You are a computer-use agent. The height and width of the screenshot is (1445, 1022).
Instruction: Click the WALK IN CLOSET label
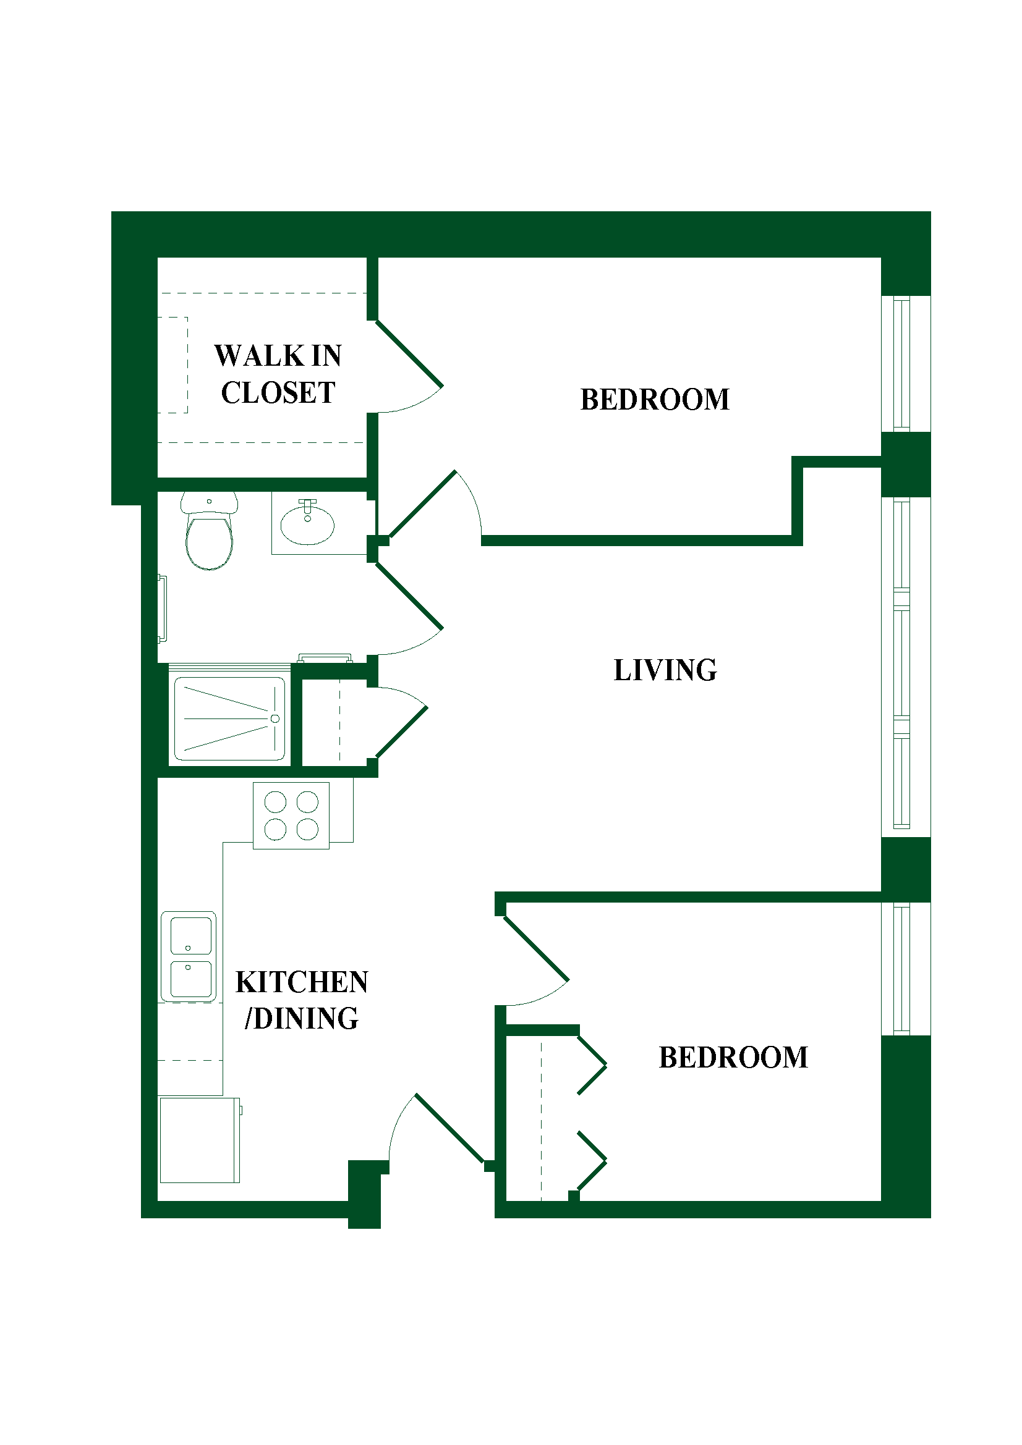coord(278,374)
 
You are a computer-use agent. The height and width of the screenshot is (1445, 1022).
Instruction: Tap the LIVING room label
coord(665,670)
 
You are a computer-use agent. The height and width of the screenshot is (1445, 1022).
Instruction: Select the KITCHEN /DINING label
coord(302,1000)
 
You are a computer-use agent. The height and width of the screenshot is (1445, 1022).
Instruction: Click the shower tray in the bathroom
coord(230,718)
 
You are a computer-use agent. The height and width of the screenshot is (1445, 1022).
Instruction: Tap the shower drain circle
coord(275,718)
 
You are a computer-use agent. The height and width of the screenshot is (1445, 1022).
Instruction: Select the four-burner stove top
coord(291,815)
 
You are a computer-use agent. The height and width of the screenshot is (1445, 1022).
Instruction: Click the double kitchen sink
coord(189,956)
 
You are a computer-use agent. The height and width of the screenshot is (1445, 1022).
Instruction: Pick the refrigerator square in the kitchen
coord(200,1140)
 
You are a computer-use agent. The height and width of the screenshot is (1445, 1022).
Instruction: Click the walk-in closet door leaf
coord(409,353)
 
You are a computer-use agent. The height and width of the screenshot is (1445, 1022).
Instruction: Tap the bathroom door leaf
coord(409,596)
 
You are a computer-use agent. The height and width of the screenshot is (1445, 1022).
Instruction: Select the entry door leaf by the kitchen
coord(449,1129)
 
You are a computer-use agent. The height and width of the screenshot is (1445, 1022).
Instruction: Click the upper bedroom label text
coord(655,399)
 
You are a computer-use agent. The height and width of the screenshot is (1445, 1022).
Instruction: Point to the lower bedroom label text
coord(734,1057)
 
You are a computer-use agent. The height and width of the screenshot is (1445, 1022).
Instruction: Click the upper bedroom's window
coord(906,364)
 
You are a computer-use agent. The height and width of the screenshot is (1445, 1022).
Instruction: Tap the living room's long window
coord(906,667)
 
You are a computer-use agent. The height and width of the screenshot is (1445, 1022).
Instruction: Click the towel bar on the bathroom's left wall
coord(163,609)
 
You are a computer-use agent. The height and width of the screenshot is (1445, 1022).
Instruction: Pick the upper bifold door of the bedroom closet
coord(592,1065)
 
